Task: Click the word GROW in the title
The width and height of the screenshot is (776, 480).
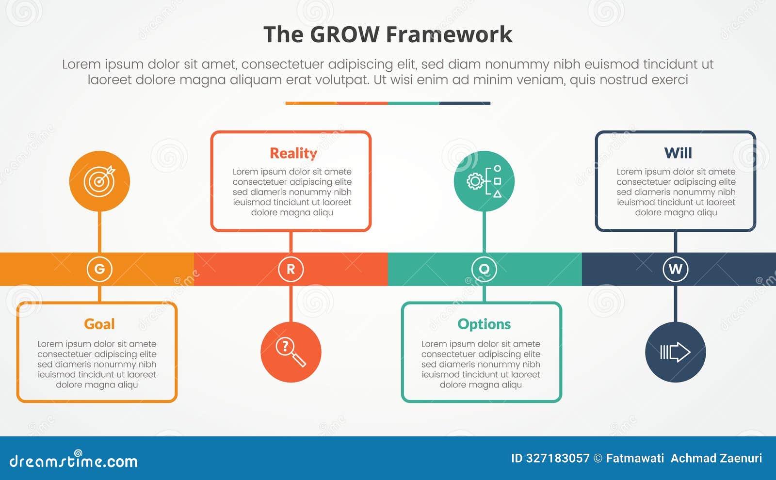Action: tap(344, 35)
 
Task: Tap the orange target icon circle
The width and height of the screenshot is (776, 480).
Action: tap(99, 181)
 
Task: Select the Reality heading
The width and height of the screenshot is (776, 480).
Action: tap(293, 153)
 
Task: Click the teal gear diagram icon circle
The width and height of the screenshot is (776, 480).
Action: tap(484, 181)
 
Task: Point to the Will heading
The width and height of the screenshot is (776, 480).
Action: tap(678, 153)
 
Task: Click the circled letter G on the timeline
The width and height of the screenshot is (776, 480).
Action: tap(99, 269)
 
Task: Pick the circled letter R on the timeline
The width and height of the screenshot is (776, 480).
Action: tap(291, 269)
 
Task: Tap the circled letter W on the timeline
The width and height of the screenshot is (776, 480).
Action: tap(675, 269)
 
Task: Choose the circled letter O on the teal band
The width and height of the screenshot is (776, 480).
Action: tap(484, 269)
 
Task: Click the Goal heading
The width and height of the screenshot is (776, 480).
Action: tap(99, 324)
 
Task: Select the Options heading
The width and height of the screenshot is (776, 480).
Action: tap(484, 324)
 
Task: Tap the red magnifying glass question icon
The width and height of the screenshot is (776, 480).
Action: tap(291, 352)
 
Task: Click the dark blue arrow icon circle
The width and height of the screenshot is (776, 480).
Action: tap(675, 352)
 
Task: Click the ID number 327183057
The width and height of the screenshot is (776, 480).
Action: tap(557, 458)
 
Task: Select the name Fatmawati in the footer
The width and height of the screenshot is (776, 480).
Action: tap(634, 458)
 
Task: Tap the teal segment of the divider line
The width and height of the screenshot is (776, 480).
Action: tap(413, 103)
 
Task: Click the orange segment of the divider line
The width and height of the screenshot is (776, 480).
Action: tap(311, 103)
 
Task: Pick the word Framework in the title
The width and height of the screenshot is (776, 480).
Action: tap(449, 35)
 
